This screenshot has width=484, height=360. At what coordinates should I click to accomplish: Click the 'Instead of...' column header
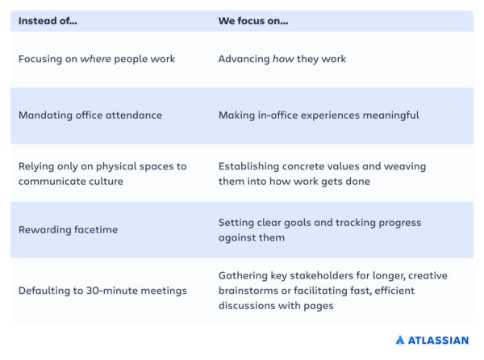pos(48,20)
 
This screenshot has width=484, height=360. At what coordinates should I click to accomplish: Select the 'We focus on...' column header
pos(253,20)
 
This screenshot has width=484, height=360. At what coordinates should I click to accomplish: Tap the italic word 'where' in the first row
pos(95,59)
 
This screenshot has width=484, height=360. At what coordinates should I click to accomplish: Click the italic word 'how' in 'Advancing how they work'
pos(284,59)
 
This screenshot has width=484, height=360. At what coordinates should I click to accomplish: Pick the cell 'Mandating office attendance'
pos(90,115)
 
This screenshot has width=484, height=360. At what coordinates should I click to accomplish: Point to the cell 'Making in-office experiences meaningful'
pos(319,115)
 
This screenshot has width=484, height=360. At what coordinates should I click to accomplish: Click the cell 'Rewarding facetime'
pos(68,230)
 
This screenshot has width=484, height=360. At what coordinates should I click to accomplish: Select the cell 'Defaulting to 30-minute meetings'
pos(102,291)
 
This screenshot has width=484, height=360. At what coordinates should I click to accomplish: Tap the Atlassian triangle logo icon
pos(399,341)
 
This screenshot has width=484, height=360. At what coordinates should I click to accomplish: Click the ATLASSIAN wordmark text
pos(437,341)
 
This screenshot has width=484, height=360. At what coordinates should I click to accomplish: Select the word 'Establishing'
pos(250,166)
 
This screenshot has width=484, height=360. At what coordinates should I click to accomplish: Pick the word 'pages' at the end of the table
pos(315,306)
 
